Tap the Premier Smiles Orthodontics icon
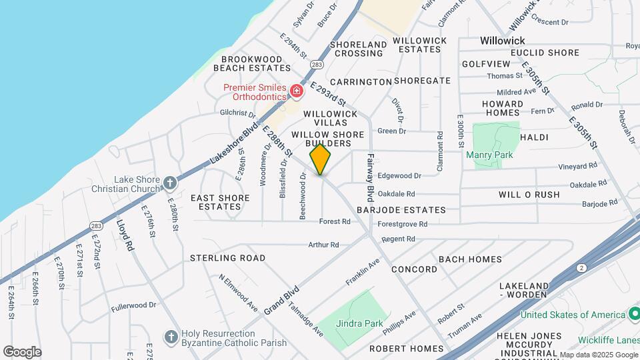[x=297, y=90]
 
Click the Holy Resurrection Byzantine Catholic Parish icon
[x=171, y=336]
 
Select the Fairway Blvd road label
[x=370, y=178]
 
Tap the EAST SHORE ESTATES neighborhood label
[x=220, y=202]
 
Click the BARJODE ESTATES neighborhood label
[x=401, y=210]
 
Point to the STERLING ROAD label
[x=227, y=257]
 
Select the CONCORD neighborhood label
[x=414, y=269]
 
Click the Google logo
[x=22, y=352]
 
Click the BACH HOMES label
[x=470, y=259]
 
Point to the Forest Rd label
[x=335, y=221]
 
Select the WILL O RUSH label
[x=529, y=195]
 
